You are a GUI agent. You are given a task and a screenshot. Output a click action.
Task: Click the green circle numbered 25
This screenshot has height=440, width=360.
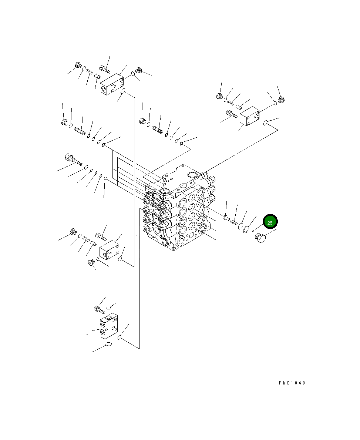point(270,222)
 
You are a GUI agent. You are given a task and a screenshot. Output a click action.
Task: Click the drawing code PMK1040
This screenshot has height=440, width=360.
point(292,383)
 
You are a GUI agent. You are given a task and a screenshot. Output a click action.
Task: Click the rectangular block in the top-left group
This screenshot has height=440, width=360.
point(112,84)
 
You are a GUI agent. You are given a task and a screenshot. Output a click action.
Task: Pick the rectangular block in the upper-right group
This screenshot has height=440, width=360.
point(250,117)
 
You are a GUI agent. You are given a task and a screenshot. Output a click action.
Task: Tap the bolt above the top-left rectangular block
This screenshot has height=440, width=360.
point(104,69)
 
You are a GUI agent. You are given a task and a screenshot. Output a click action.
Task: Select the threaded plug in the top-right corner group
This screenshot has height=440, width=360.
point(282,99)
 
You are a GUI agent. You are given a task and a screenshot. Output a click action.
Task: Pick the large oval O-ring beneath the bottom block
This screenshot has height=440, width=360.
point(108,345)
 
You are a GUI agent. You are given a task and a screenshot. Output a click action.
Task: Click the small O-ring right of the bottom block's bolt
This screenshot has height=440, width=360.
point(109,307)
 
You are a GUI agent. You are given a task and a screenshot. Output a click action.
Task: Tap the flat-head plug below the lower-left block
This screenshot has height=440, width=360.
point(91,262)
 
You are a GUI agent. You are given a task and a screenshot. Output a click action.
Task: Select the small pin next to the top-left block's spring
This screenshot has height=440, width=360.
point(98,77)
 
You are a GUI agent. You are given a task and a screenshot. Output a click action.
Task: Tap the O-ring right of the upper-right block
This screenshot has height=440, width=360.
point(266,122)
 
